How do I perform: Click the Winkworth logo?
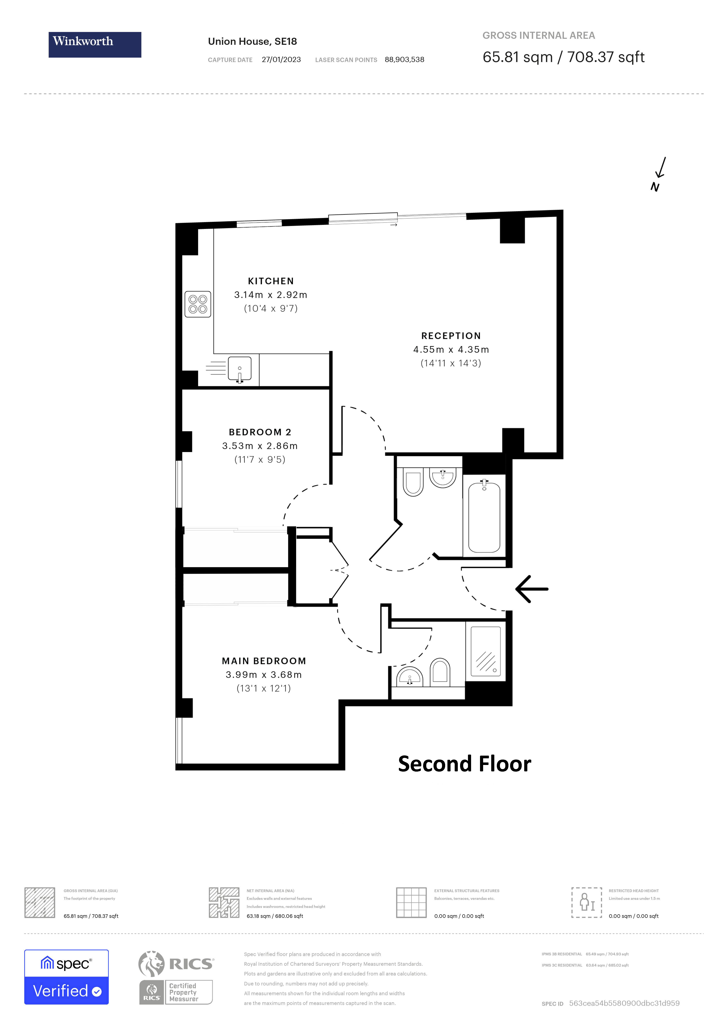tap(95, 44)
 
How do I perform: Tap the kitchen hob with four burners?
tap(198, 304)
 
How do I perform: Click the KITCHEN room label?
tap(271, 281)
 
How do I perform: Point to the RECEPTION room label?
tap(451, 336)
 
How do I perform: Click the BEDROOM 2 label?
tap(260, 432)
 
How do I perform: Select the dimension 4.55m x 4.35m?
tap(451, 349)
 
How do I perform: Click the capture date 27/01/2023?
tap(281, 60)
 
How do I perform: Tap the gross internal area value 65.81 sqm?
tap(518, 57)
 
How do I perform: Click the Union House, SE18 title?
tap(252, 42)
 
